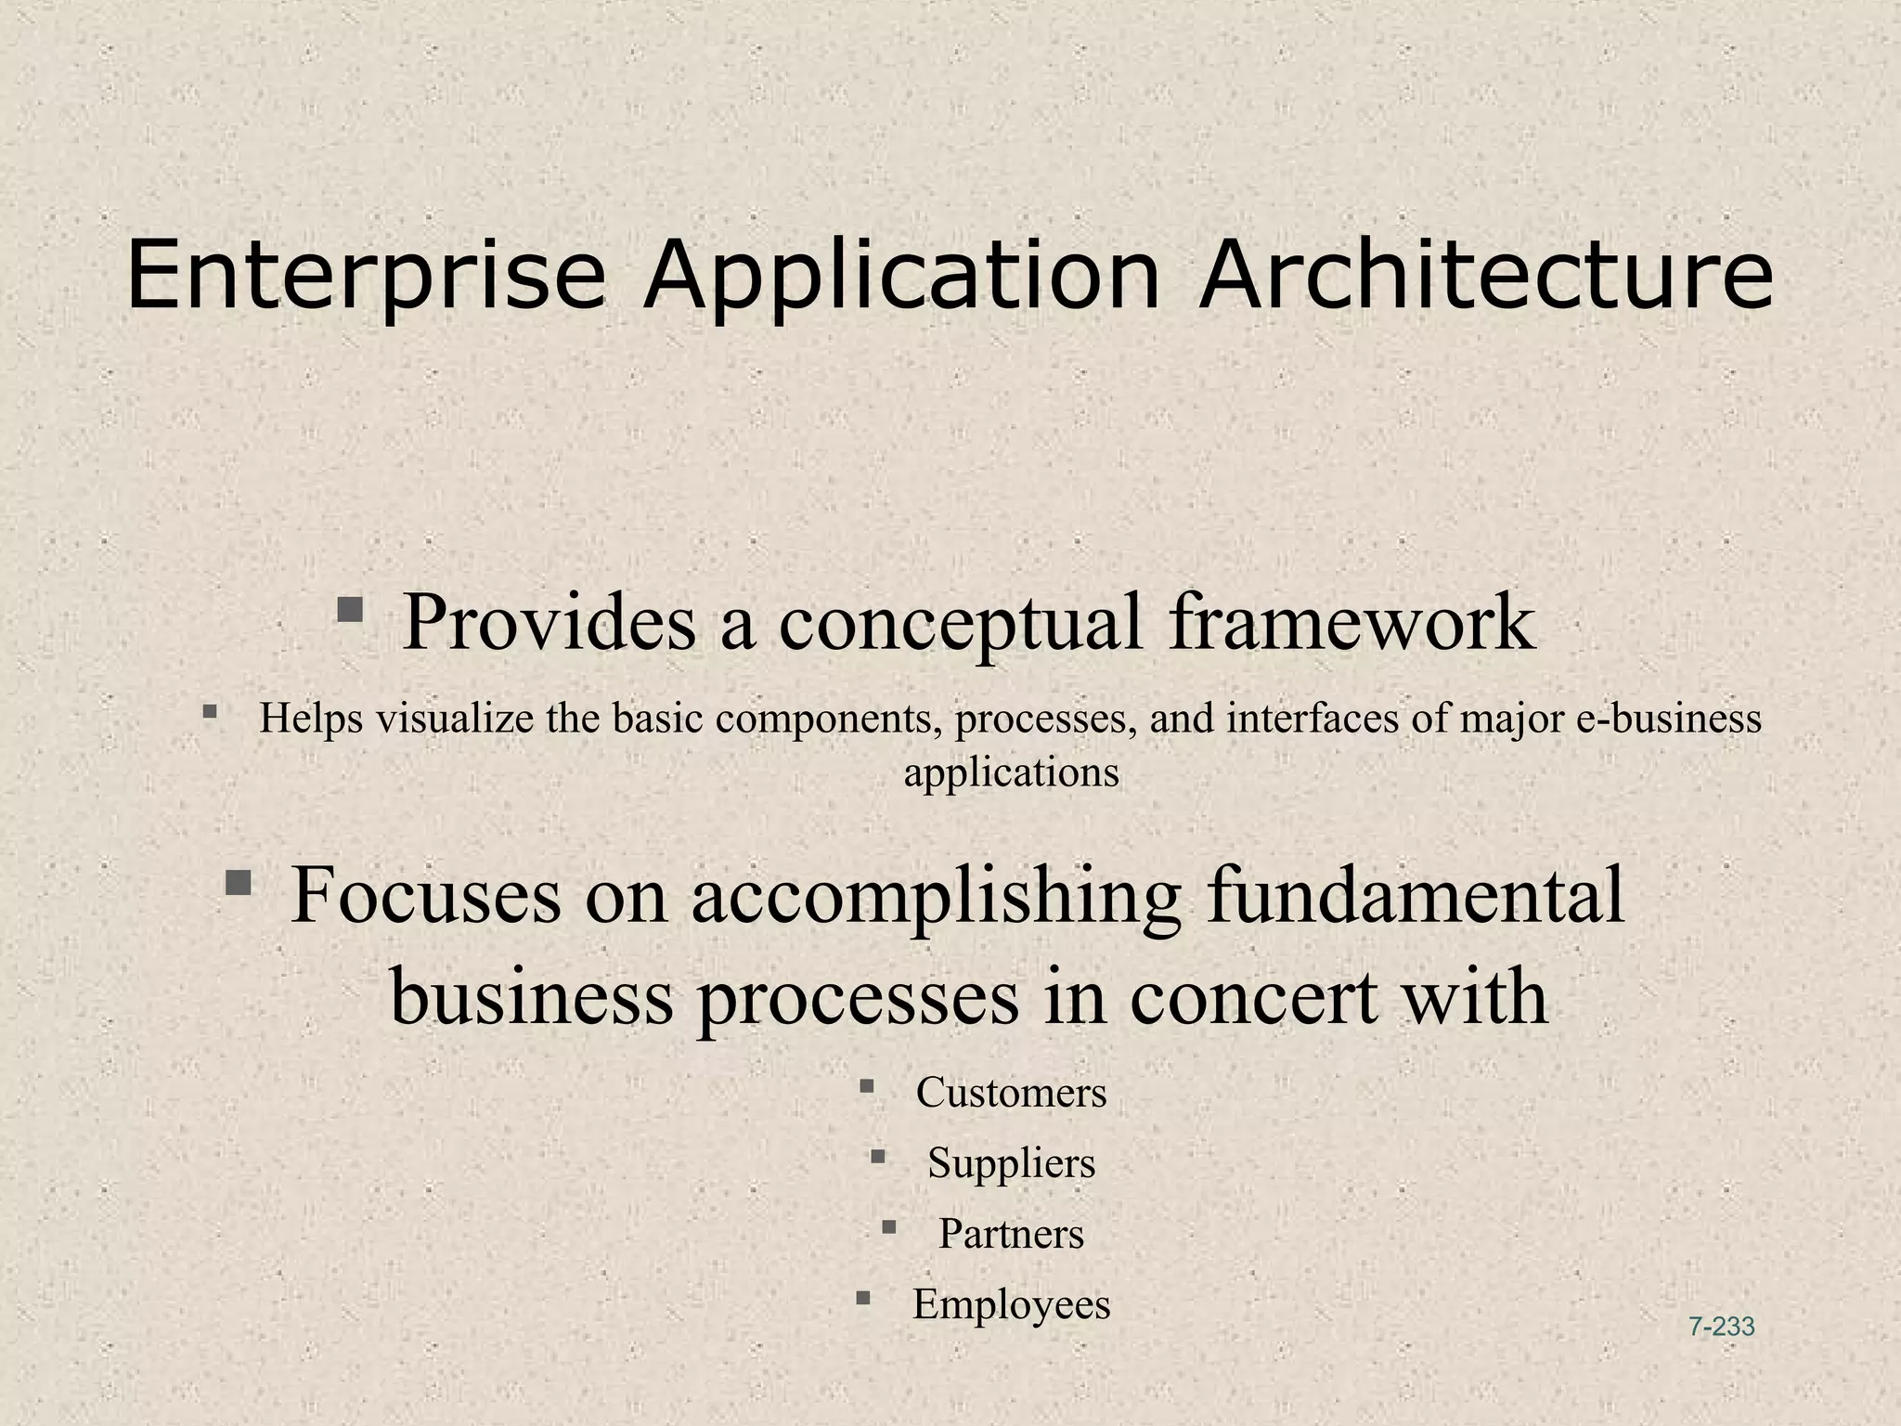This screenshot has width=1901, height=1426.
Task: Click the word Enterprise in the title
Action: coord(366,276)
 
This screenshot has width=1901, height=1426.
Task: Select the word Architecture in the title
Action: coord(1485,276)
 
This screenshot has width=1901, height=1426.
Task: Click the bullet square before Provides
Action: coord(350,610)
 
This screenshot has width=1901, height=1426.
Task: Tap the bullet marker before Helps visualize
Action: coord(210,712)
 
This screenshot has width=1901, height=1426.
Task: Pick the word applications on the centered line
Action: coord(1011,772)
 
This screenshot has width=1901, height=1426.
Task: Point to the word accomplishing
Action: coord(937,897)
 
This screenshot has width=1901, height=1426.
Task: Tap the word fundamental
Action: coord(1416,895)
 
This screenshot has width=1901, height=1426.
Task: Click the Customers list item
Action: coord(1011,1093)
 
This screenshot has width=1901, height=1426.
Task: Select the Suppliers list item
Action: coord(1011,1163)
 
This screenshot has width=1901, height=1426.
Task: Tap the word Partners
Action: coord(1011,1234)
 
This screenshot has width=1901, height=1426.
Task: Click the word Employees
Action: coord(1011,1304)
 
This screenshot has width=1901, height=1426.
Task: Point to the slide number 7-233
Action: coord(1721,1327)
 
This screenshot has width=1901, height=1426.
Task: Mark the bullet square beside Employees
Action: coord(863,1297)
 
